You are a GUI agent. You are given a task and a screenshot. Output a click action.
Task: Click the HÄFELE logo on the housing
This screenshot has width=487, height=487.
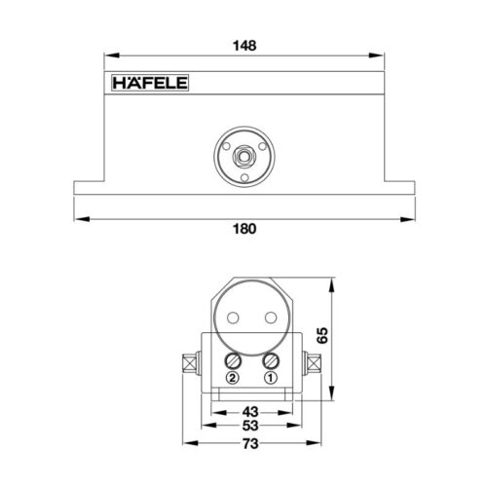tap(147, 84)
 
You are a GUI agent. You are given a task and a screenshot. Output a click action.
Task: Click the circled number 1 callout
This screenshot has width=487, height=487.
tap(270, 378)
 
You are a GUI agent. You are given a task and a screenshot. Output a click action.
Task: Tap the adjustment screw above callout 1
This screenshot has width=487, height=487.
tap(270, 358)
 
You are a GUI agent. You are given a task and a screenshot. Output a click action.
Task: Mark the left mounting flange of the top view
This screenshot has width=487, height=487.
tap(88, 188)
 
